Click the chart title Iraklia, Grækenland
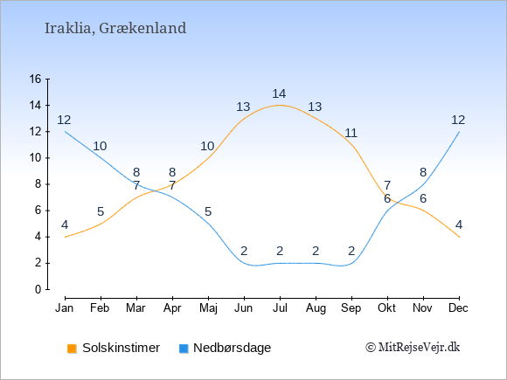[x=115, y=28]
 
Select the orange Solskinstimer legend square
[x=72, y=349]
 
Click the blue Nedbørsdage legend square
[x=184, y=349]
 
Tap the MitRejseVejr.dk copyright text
[x=413, y=348]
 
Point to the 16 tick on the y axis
[x=36, y=79]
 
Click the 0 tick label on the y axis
[x=38, y=289]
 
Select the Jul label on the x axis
[x=280, y=308]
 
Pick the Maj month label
[x=208, y=308]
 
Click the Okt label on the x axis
[x=386, y=308]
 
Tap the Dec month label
[x=459, y=308]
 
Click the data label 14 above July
[x=279, y=93]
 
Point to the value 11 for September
[x=351, y=133]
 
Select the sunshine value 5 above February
[x=101, y=211]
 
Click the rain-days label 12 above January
[x=64, y=121]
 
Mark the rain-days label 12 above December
[x=458, y=121]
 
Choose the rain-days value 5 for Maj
[x=208, y=211]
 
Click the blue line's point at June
[x=244, y=263]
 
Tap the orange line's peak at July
[x=280, y=105]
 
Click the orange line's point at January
[x=66, y=237]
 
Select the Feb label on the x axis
[x=100, y=308]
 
